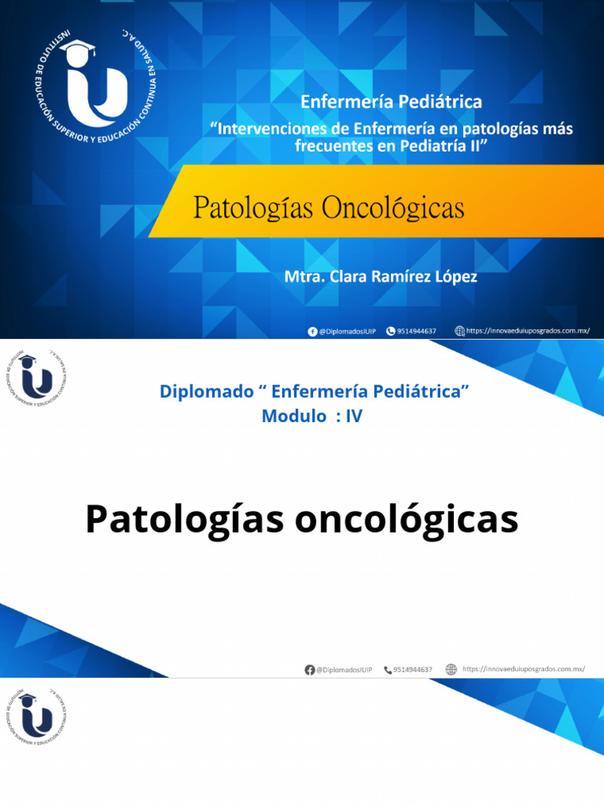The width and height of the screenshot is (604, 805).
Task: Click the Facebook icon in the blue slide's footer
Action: (312, 331)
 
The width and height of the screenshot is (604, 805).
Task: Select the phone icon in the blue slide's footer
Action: (391, 331)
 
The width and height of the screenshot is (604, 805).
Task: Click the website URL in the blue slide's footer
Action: (527, 331)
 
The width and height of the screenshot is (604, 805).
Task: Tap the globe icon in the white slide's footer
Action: (451, 669)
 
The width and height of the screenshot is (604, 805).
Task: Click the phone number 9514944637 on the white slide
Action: (414, 669)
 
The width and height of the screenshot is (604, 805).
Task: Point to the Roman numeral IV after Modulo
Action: (354, 417)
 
